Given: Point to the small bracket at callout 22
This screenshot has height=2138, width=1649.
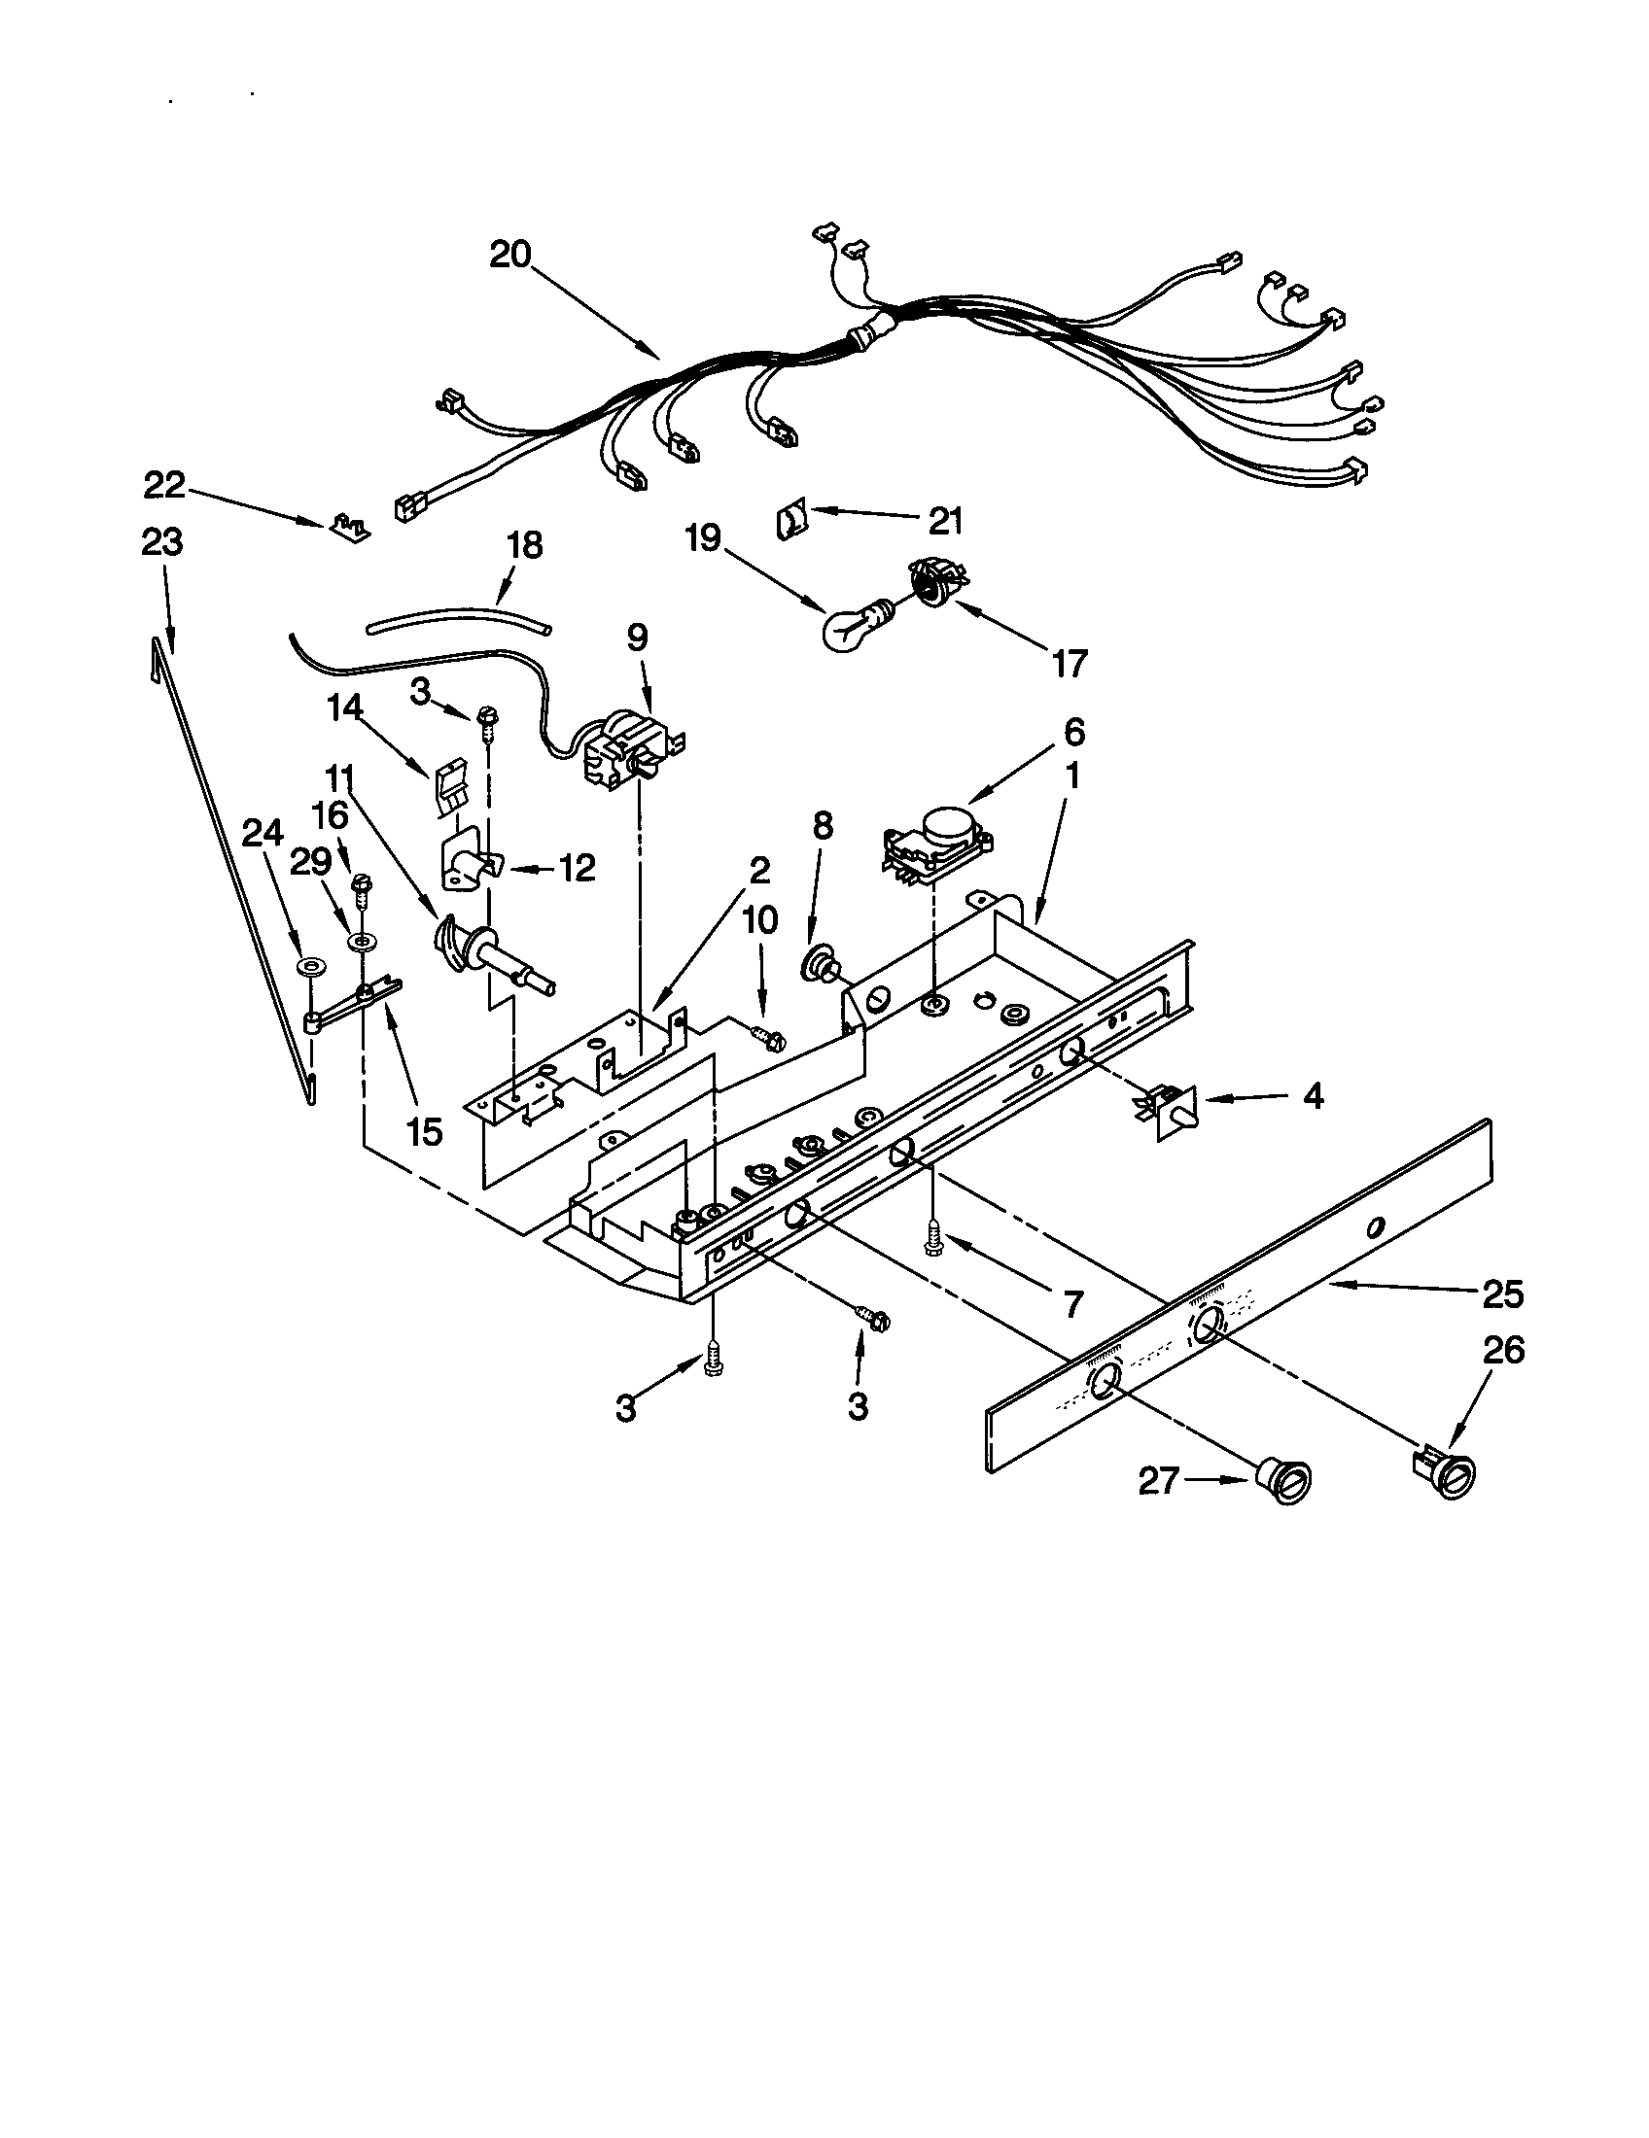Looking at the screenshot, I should coord(348,529).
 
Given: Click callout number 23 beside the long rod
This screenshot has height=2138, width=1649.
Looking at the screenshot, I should coord(162,541).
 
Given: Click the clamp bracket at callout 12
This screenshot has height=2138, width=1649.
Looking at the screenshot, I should coord(472,864).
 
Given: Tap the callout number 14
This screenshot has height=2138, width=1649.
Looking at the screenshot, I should coord(346,707).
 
